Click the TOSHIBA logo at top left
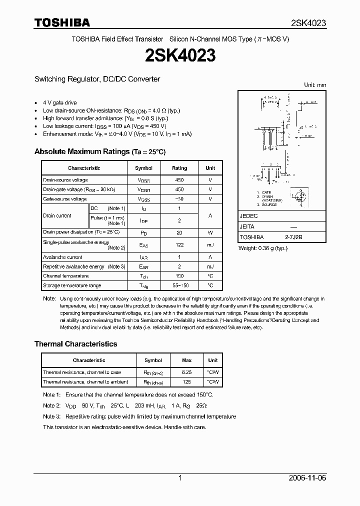click(62, 23)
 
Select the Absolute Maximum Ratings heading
click(99, 151)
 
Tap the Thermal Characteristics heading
click(75, 344)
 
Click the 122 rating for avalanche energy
click(179, 245)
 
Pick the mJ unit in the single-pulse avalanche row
click(210, 245)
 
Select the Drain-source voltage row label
click(65, 180)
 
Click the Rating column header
click(179, 168)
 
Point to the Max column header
click(186, 360)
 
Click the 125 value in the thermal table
click(186, 382)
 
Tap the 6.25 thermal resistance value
click(186, 372)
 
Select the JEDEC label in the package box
click(248, 216)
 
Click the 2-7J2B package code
click(293, 237)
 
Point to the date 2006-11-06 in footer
click(307, 478)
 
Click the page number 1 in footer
click(180, 478)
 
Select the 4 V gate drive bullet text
click(59, 102)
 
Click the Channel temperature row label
click(66, 276)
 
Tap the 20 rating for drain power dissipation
click(179, 232)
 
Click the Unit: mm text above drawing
click(315, 85)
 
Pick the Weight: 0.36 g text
click(263, 248)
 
